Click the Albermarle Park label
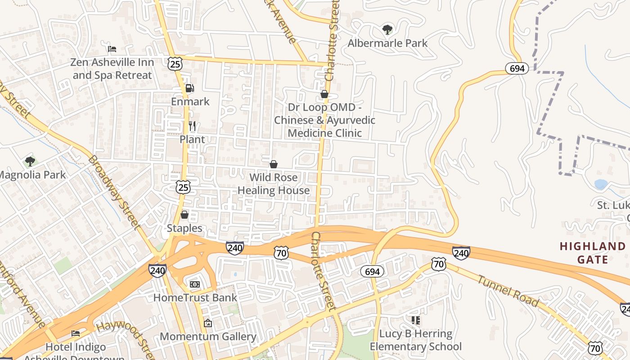point(387,43)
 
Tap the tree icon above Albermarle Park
point(387,30)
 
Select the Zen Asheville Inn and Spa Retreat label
point(112,69)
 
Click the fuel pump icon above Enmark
point(190,88)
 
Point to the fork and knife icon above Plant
point(192,126)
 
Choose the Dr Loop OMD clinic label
point(324,120)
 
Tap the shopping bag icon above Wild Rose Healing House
point(273,164)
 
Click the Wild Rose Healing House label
point(273,184)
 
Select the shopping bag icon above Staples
point(184,215)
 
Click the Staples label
point(184,228)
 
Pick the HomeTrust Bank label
point(195,297)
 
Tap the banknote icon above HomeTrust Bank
point(195,284)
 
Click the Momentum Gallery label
point(208,337)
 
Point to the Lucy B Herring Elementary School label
point(415,340)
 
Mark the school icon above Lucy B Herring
point(415,320)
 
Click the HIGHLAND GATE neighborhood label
point(593,253)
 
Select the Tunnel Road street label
point(507,291)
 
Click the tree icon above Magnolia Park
point(30,161)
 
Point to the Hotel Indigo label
point(76,347)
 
